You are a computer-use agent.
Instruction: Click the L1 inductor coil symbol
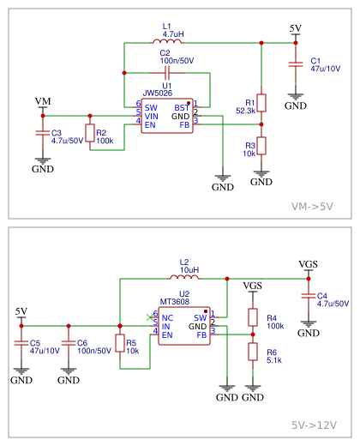167,41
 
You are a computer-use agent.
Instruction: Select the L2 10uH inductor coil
184,277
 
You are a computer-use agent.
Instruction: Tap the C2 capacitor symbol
167,73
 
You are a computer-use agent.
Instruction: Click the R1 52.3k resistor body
261,103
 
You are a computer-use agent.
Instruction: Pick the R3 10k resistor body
261,146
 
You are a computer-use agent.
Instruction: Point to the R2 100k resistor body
90,133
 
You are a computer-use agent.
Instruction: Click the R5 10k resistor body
120,343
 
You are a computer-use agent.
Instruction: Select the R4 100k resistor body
253,317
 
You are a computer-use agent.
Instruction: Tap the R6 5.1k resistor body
253,352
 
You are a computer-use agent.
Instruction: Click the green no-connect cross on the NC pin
149,317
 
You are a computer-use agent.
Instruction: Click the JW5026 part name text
158,93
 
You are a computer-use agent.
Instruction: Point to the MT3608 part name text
175,301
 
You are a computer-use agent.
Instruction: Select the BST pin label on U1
182,108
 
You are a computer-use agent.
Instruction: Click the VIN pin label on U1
151,117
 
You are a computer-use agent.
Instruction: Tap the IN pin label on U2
165,327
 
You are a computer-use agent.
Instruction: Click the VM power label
43,101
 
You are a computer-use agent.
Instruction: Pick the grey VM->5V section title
312,207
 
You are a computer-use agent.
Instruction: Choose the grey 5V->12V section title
314,425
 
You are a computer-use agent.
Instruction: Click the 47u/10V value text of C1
326,69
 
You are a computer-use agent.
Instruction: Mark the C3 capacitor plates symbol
43,133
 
